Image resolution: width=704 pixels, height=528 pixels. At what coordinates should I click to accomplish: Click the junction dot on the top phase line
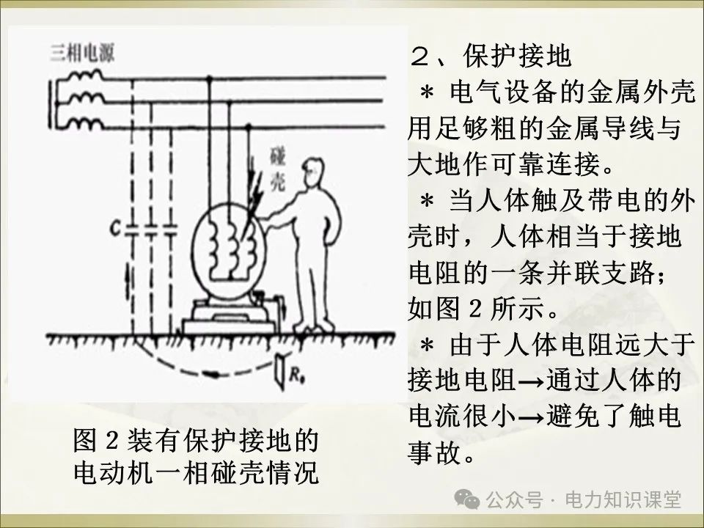pyautogui.click(x=211, y=77)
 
